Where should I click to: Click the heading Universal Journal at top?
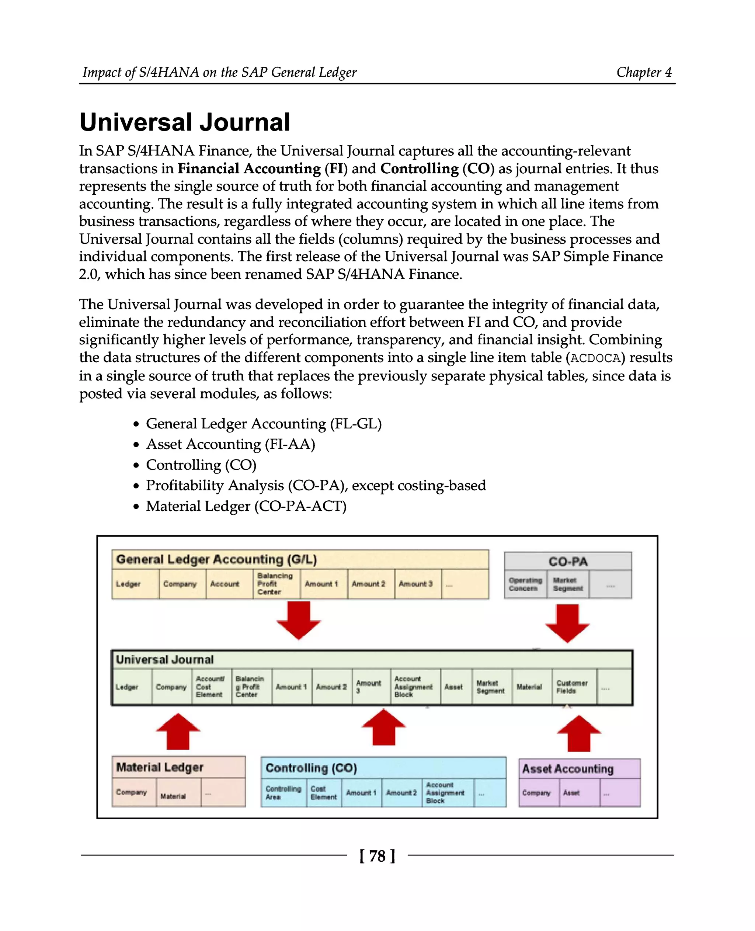184,122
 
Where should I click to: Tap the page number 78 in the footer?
377,856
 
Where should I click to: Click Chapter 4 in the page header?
644,72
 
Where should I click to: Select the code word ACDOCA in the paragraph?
595,358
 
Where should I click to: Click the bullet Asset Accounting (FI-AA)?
230,444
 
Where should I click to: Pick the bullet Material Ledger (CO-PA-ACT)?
246,506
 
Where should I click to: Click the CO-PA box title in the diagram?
568,561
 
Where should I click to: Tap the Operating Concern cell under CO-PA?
525,584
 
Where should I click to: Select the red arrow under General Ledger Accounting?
299,620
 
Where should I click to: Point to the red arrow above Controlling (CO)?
384,727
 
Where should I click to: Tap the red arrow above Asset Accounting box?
579,733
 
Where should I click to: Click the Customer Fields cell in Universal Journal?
573,687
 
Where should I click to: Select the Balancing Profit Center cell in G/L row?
276,584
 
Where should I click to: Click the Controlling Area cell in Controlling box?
283,793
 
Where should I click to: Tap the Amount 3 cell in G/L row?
416,584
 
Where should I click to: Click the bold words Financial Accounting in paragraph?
249,169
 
